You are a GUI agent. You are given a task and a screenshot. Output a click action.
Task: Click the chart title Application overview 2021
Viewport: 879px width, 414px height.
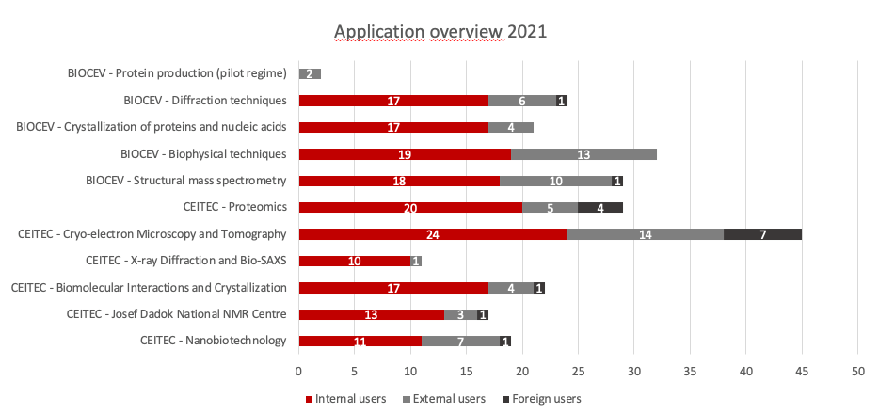click(x=440, y=32)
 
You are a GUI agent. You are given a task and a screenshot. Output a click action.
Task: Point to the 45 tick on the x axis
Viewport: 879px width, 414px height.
click(x=802, y=371)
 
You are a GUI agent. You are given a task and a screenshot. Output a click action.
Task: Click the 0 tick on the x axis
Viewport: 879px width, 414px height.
click(x=298, y=371)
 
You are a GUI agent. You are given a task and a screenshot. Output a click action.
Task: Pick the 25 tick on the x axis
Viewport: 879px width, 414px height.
click(x=578, y=371)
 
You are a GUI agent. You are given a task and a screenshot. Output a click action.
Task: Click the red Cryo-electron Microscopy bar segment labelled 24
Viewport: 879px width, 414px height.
click(x=433, y=234)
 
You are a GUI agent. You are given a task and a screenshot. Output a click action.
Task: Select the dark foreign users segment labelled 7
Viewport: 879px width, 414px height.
click(x=762, y=234)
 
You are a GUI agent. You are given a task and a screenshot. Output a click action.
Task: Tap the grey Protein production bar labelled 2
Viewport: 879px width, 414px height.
click(x=310, y=73)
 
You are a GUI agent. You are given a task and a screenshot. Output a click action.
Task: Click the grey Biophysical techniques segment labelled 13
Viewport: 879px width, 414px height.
click(x=583, y=154)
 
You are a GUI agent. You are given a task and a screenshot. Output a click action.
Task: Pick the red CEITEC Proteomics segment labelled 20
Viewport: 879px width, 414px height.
click(x=410, y=207)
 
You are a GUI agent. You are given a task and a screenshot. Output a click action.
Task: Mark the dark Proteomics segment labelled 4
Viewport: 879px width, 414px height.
click(x=600, y=207)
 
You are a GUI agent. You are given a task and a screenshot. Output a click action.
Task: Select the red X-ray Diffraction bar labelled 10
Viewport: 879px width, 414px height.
click(x=354, y=261)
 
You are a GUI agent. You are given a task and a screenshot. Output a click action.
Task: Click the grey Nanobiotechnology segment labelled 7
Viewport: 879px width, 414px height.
click(x=460, y=342)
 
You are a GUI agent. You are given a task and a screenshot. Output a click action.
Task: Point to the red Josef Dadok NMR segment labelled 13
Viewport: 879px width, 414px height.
click(x=371, y=314)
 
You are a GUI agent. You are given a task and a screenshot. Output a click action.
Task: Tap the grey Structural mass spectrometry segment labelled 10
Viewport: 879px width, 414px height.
click(x=556, y=181)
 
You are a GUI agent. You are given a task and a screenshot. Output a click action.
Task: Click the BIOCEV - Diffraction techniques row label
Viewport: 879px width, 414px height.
click(x=205, y=100)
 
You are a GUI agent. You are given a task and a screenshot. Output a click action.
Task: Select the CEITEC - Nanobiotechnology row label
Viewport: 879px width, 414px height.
click(x=213, y=341)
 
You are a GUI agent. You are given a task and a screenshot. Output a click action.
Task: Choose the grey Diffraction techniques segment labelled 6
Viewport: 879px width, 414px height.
click(x=522, y=101)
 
